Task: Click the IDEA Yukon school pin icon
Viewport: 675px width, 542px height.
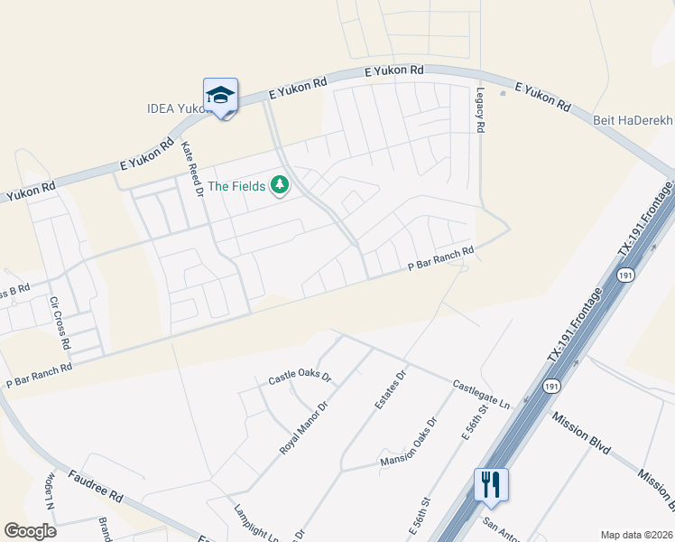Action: coord(220,96)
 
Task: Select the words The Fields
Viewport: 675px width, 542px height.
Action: coord(236,186)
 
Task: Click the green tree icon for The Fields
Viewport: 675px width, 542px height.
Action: coord(280,185)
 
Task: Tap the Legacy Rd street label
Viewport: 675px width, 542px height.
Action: coord(480,110)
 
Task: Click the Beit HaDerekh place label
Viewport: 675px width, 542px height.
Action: coord(633,119)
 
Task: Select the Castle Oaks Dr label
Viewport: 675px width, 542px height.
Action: coord(300,377)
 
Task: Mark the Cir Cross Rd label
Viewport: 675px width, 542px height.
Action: coord(60,322)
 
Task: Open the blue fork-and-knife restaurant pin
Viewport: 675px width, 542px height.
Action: coord(491,484)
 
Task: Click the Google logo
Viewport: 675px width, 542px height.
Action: coord(30,531)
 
